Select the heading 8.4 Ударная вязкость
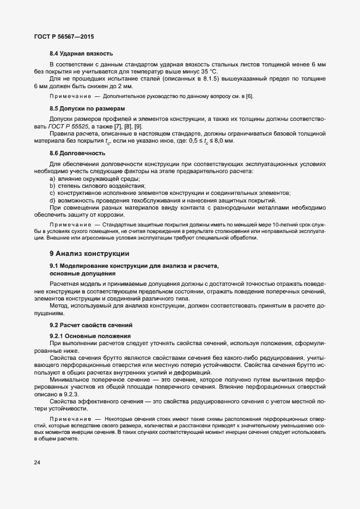click(81, 53)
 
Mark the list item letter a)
click(53, 179)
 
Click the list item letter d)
click(53, 200)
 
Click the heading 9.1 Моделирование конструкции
click(134, 266)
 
